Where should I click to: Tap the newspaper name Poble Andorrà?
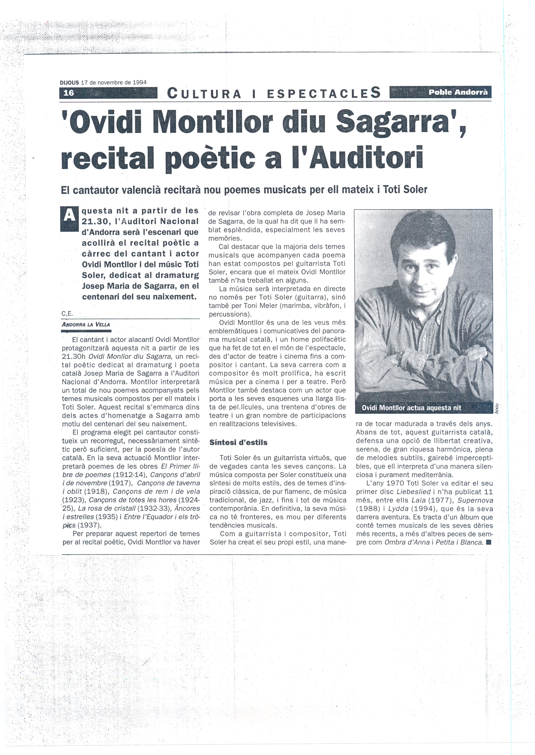(x=458, y=92)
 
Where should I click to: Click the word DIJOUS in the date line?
(x=69, y=83)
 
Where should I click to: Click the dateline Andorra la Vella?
(x=86, y=324)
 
